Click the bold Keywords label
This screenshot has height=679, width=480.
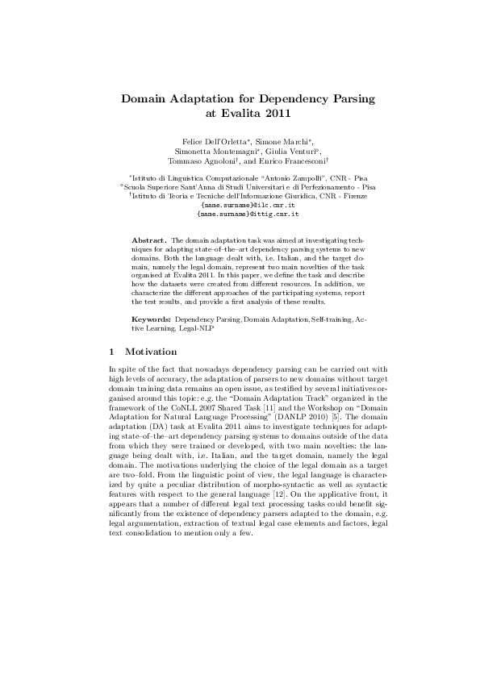click(151, 320)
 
